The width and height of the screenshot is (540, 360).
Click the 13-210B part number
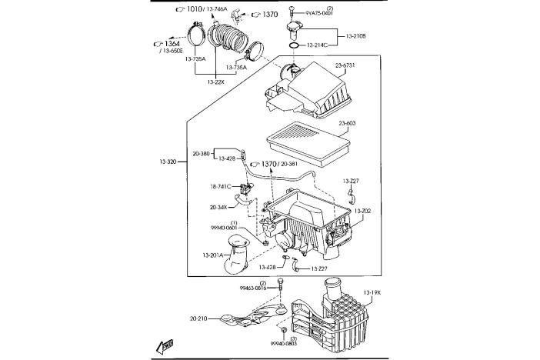[x=356, y=36]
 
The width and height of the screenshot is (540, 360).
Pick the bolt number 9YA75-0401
[x=318, y=13]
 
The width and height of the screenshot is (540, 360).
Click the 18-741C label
[x=221, y=186]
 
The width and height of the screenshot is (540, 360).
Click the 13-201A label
[x=213, y=255]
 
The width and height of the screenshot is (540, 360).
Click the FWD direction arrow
[x=165, y=345]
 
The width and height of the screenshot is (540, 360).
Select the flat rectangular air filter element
[x=307, y=144]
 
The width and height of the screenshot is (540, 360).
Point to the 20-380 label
[x=200, y=153]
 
